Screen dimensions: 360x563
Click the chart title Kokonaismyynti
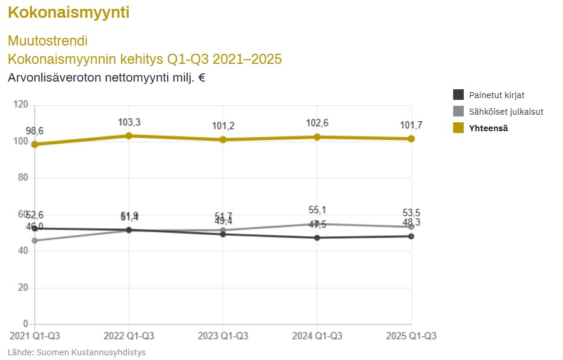point(69,12)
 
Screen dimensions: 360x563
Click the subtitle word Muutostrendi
point(48,41)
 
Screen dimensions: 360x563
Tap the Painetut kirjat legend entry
point(496,95)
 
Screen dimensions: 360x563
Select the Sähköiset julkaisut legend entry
point(506,111)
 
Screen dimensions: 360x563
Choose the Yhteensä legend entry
point(488,128)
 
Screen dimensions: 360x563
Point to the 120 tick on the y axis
point(21,105)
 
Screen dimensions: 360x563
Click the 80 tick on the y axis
point(22,178)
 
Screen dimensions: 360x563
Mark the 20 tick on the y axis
point(22,288)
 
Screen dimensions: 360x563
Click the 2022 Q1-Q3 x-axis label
point(129,336)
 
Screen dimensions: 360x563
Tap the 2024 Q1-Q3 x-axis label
point(317,336)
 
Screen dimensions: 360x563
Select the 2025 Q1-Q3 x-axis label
point(411,336)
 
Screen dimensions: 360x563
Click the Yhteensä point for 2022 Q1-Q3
point(129,136)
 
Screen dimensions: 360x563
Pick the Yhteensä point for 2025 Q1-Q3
point(411,139)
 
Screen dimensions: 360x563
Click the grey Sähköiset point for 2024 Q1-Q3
point(317,224)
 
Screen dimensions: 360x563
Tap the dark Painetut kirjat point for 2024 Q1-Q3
point(317,238)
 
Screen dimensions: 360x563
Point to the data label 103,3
point(129,122)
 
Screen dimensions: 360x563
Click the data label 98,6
point(35,131)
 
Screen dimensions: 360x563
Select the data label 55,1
point(317,210)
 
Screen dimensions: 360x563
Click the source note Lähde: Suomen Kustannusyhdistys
point(77,352)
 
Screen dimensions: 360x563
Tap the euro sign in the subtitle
point(201,77)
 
